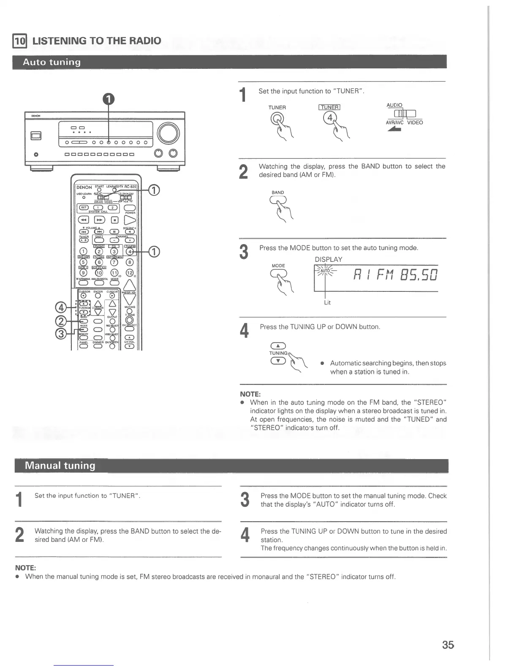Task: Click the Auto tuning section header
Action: point(52,62)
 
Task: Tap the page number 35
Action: point(448,645)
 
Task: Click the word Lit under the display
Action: point(327,302)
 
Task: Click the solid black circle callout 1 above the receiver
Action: point(109,99)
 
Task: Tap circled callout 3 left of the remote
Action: point(62,334)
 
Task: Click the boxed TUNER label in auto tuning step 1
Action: point(329,107)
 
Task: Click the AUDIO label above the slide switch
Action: point(395,105)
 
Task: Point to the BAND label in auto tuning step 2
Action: point(278,193)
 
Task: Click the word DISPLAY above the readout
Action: point(328,259)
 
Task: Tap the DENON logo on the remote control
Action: point(84,187)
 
